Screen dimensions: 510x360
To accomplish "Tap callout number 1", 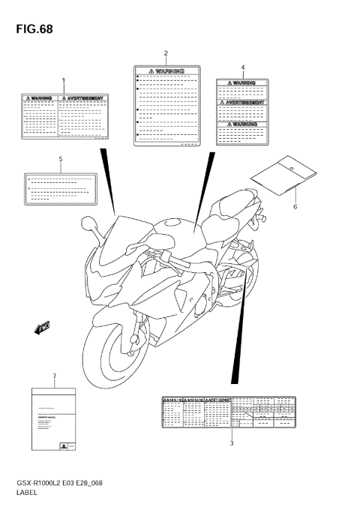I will pos(64,80).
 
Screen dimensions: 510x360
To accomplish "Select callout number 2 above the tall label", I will pos(166,52).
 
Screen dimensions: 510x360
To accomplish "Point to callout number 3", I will pos(232,443).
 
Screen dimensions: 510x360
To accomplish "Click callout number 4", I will pos(243,67).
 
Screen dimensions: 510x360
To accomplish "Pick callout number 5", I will pos(60,160).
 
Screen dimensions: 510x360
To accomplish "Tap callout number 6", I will pos(295,206).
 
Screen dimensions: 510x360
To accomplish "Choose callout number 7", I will pos(54,375).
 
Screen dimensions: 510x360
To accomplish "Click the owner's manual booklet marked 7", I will pos(53,419).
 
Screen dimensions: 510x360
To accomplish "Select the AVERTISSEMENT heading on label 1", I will pos(84,97).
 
